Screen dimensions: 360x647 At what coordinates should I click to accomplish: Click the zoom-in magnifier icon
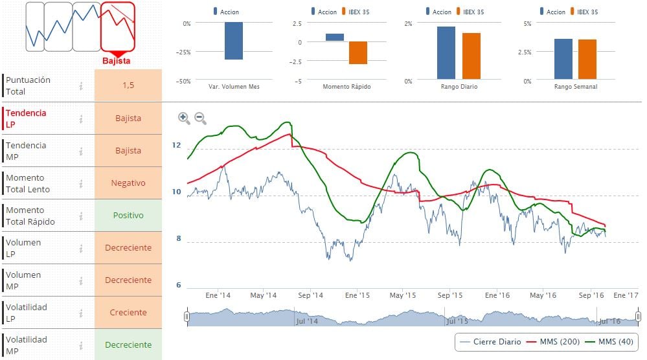pos(184,118)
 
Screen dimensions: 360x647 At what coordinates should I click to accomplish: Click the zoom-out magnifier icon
pos(200,118)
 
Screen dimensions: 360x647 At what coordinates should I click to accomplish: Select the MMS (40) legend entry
pos(611,342)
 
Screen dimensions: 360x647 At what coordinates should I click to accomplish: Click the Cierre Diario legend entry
pos(490,342)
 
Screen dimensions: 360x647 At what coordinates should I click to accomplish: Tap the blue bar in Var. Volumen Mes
pos(233,41)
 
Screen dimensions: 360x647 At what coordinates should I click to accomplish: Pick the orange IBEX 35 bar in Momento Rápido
pos(358,52)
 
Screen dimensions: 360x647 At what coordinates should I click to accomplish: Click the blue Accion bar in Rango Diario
pos(446,53)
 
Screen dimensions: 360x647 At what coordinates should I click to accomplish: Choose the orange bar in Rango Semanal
pos(587,59)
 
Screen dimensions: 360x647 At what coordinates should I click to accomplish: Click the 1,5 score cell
pos(128,85)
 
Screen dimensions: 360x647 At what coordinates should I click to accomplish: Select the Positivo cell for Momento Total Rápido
pos(128,215)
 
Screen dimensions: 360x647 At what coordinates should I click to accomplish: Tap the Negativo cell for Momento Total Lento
pos(128,183)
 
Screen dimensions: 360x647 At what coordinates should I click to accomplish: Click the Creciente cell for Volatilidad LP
pos(128,312)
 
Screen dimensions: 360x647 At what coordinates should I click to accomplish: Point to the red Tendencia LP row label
pos(26,118)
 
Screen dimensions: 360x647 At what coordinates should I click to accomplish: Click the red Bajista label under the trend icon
pos(117,61)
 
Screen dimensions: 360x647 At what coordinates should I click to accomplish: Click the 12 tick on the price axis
pos(176,145)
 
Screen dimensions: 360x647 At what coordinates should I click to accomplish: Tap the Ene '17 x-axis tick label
pos(625,295)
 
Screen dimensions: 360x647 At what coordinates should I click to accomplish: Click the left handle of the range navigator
pos(187,317)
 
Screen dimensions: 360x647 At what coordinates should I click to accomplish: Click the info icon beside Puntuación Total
pos(81,85)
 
